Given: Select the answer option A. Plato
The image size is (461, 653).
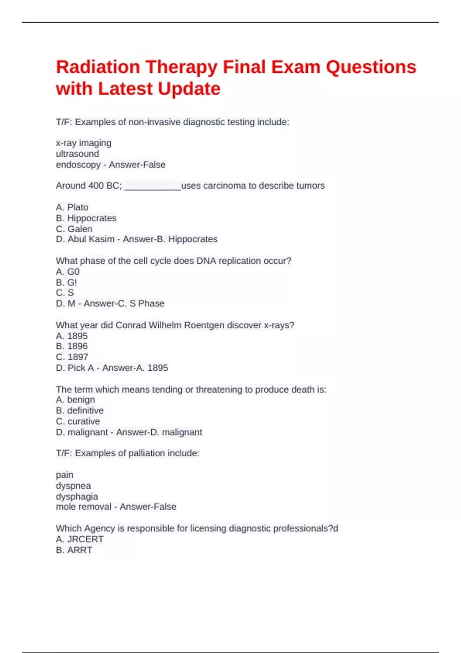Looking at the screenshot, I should (x=72, y=207).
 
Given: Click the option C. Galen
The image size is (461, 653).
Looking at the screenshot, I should (x=74, y=229).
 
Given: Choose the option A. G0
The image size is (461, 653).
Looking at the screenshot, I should (x=68, y=272).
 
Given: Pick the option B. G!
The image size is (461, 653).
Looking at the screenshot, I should (x=66, y=283).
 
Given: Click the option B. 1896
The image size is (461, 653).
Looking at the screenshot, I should (x=72, y=346).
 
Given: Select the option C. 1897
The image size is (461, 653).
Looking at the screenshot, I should (x=72, y=357).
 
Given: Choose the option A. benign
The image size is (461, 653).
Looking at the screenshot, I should (x=75, y=400).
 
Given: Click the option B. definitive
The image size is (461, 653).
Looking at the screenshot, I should (x=80, y=411).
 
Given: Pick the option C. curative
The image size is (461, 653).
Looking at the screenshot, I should (x=78, y=421).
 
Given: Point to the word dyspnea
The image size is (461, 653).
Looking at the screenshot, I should (x=73, y=486).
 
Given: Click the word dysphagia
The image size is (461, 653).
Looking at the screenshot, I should (x=77, y=497).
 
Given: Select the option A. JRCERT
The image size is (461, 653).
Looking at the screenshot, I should (x=80, y=539).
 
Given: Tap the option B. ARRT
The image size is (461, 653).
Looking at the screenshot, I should (x=74, y=550).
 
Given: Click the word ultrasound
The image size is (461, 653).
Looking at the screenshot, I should (x=77, y=154).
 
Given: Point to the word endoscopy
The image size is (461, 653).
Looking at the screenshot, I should (x=78, y=165).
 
